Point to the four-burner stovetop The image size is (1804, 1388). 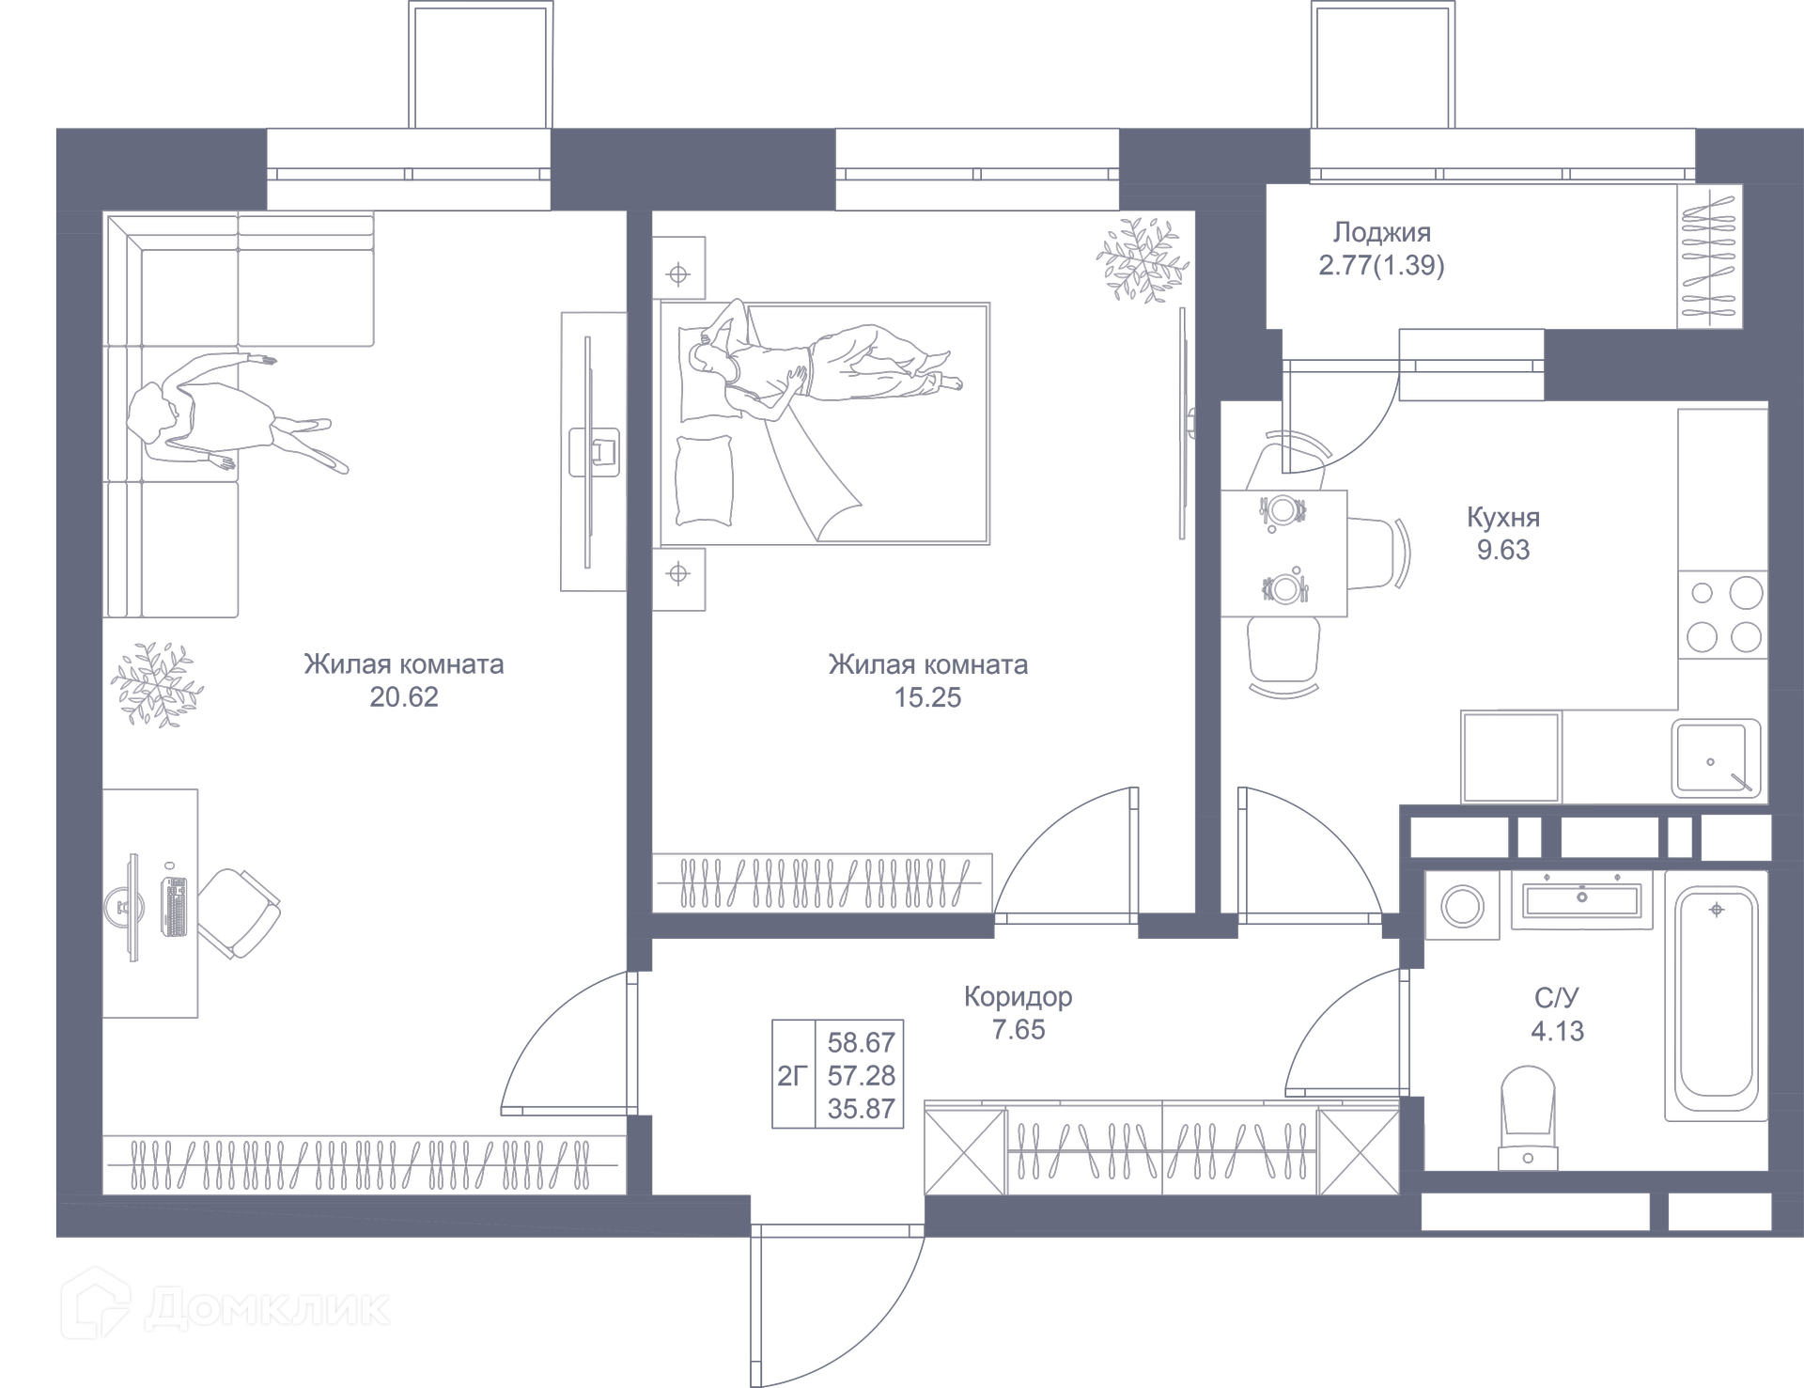click(x=1724, y=616)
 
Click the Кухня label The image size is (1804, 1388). click(x=1503, y=518)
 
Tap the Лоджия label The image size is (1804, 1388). click(x=1381, y=232)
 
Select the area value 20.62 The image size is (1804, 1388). click(x=404, y=697)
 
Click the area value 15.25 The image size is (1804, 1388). click(x=927, y=697)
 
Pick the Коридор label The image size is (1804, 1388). click(x=1018, y=996)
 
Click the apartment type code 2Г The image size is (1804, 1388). click(x=792, y=1075)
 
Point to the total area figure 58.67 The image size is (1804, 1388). click(x=861, y=1042)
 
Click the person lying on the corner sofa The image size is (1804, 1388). click(x=235, y=413)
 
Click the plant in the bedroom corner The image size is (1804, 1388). click(x=1139, y=258)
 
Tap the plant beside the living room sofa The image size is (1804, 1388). click(x=156, y=684)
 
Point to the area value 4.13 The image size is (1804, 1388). click(x=1557, y=1031)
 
